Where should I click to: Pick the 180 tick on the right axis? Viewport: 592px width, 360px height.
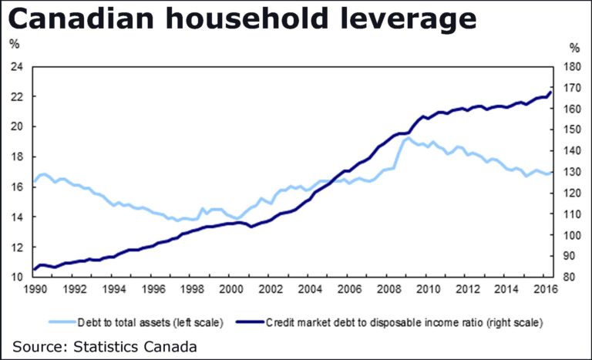tap(571, 67)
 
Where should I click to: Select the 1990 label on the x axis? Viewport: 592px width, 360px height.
tap(35, 290)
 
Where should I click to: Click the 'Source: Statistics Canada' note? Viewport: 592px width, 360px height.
tap(104, 346)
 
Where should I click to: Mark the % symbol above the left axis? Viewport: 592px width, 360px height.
tap(15, 43)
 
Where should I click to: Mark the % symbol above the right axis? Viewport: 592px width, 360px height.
tap(574, 43)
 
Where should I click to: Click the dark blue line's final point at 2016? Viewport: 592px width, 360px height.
tap(551, 92)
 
